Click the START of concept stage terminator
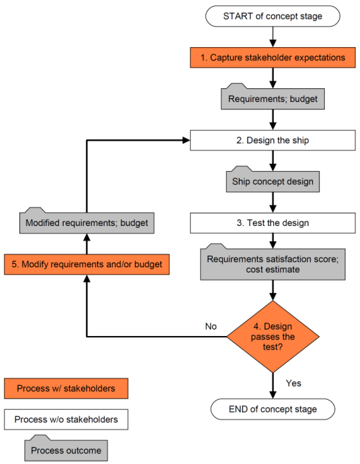click(x=272, y=16)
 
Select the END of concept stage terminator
click(x=272, y=409)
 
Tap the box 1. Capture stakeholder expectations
click(x=272, y=58)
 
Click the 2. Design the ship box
click(x=272, y=141)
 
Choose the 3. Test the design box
click(x=272, y=223)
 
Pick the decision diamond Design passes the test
click(x=272, y=337)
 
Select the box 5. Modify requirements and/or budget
click(x=87, y=264)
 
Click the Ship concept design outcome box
click(x=272, y=182)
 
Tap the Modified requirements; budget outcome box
click(x=87, y=223)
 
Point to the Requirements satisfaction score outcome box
click(x=272, y=264)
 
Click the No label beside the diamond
click(x=211, y=326)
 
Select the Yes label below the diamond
click(x=294, y=383)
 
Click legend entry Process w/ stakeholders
click(x=66, y=388)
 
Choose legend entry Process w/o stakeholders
click(x=66, y=420)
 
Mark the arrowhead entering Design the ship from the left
click(x=186, y=141)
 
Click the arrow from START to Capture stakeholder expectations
click(x=272, y=37)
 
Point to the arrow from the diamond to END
click(x=272, y=386)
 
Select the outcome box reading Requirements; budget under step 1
click(x=272, y=99)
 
